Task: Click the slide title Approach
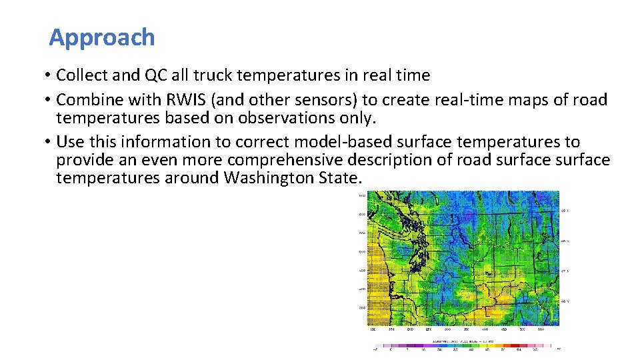(102, 37)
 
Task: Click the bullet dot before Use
(50, 142)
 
